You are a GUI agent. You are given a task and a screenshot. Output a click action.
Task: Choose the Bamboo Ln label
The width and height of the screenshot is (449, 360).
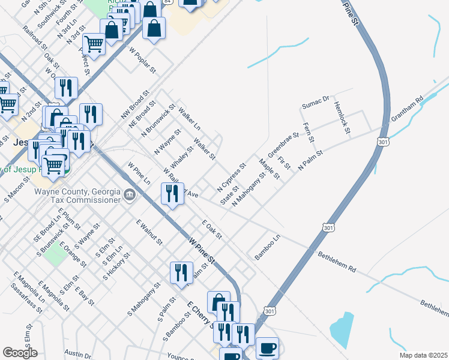pyautogui.click(x=267, y=247)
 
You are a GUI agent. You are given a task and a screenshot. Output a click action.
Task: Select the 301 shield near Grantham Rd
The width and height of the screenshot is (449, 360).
pyautogui.click(x=383, y=142)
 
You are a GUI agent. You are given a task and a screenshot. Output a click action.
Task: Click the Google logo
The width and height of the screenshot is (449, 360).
pyautogui.click(x=20, y=353)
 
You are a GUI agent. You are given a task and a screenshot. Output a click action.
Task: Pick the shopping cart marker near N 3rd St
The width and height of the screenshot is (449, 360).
pyautogui.click(x=94, y=44)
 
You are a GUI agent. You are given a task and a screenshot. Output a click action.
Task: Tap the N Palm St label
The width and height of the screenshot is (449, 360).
pyautogui.click(x=310, y=161)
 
